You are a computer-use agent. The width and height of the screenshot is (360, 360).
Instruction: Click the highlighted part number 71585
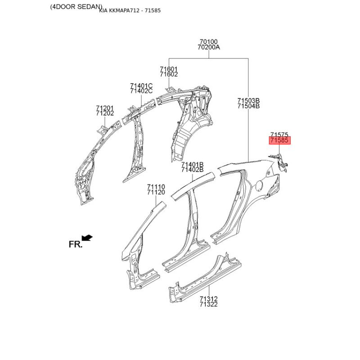279,140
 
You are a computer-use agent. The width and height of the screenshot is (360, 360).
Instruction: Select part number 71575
279,135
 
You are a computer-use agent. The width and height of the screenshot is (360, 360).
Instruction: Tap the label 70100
208,42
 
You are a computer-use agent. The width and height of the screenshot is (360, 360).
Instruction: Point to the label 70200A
209,47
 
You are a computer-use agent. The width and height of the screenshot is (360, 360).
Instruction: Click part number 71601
169,69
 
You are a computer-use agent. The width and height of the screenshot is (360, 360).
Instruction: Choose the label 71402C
141,91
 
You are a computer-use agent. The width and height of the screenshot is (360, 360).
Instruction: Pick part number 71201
105,108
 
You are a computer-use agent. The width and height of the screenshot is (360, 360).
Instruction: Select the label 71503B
248,100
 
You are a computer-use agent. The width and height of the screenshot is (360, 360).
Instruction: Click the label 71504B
248,106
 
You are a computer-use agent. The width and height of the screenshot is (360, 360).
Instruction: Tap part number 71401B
193,165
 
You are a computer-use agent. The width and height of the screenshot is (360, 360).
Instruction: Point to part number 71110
156,187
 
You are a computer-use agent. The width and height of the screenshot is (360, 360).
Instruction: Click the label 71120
156,192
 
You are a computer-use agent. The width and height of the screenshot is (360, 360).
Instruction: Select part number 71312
208,299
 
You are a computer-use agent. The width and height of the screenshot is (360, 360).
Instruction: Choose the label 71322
208,305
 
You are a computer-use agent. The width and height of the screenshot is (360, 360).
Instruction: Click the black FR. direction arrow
87,238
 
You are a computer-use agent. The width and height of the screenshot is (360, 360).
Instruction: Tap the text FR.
75,244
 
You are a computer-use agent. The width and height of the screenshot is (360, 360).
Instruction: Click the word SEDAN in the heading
89,7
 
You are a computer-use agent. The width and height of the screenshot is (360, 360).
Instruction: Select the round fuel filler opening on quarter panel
259,185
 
